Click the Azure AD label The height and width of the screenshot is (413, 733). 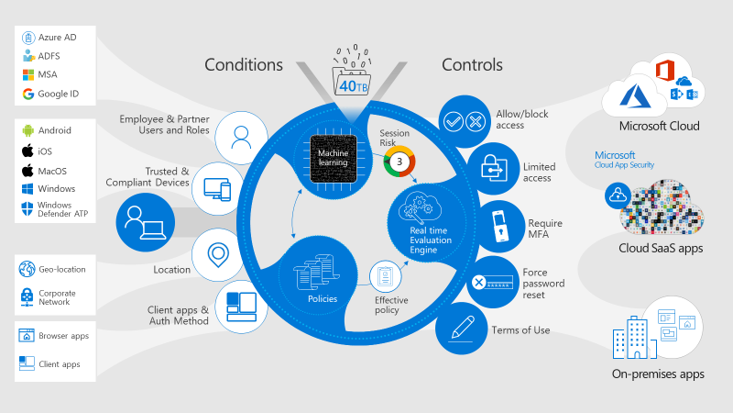57,37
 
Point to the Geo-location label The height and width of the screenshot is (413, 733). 62,269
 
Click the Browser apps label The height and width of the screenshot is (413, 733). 63,336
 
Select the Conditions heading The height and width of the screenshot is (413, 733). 244,64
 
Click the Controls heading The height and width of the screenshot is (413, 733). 472,64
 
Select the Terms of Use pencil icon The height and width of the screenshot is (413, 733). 461,329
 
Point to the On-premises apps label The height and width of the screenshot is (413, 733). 658,374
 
